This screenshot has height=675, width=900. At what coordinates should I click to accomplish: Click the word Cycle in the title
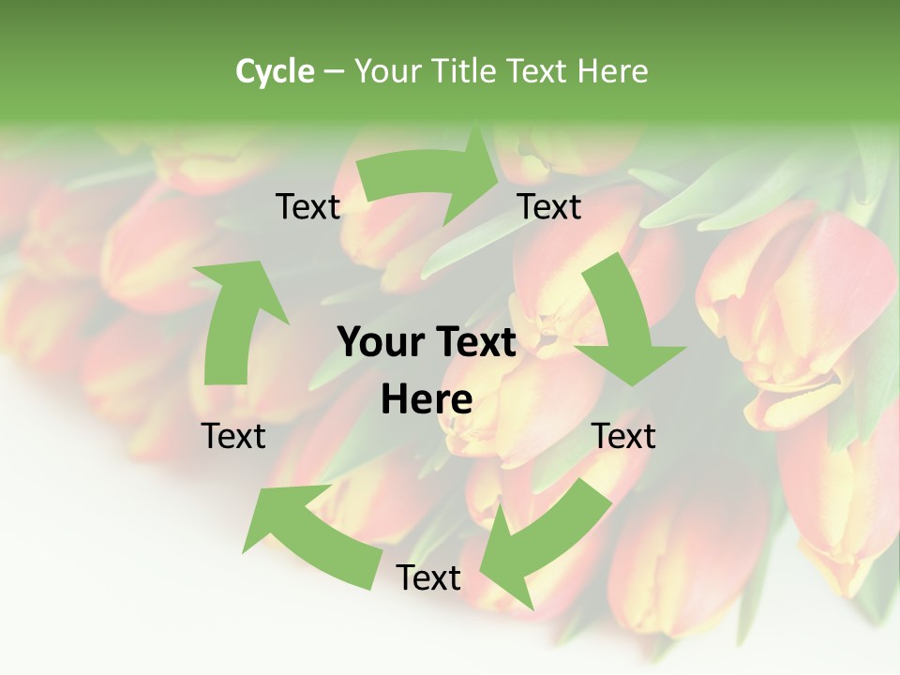(x=275, y=71)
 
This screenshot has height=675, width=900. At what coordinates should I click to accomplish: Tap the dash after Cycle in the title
(x=334, y=71)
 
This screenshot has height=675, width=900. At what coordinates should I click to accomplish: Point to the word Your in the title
(x=386, y=71)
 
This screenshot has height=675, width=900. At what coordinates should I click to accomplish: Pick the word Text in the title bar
(x=539, y=71)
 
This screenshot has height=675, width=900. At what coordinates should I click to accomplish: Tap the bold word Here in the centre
(x=427, y=400)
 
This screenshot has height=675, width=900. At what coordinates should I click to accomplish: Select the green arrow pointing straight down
(x=623, y=328)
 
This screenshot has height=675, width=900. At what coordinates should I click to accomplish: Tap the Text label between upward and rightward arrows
(x=308, y=207)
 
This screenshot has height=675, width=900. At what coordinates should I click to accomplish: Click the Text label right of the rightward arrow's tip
(x=549, y=207)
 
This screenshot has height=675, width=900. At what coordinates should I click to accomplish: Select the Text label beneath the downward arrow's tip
(x=623, y=436)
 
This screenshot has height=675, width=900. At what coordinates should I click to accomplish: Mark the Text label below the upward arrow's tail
(x=234, y=436)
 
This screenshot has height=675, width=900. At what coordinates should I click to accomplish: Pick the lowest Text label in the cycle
(x=428, y=577)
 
